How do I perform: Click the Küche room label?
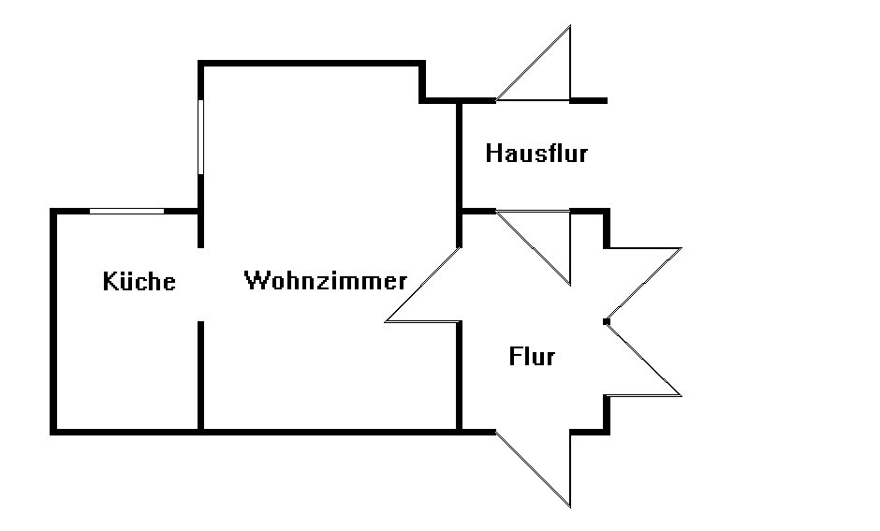tap(139, 281)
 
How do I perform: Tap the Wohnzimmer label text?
tap(325, 280)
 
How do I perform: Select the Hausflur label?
tap(536, 153)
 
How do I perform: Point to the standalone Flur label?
tap(532, 356)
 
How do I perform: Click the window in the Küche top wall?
tap(126, 212)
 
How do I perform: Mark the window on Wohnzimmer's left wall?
tap(200, 137)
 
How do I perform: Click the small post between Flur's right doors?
tap(607, 321)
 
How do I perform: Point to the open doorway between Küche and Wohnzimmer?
tap(200, 284)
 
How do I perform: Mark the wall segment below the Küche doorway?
tap(200, 375)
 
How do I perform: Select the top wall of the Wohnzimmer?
tap(309, 64)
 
